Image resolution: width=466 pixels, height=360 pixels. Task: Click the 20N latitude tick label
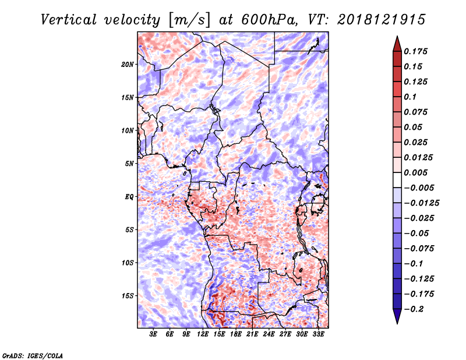click(127, 64)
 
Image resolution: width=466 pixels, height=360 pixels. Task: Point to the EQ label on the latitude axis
click(129, 196)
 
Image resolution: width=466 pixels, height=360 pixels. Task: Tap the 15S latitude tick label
click(127, 296)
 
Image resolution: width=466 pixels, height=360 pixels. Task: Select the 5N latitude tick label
click(129, 164)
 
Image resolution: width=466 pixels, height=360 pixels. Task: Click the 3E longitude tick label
click(153, 334)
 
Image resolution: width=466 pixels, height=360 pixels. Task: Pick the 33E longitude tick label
click(318, 334)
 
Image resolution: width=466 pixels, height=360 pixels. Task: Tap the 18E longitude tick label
click(236, 334)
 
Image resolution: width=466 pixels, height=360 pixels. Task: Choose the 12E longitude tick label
click(203, 334)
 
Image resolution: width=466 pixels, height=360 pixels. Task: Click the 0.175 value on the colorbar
click(416, 51)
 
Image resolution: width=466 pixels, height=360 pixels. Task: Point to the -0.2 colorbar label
click(414, 309)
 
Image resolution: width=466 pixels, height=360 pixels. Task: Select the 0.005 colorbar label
click(416, 172)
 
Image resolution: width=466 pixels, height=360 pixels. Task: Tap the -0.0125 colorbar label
click(422, 203)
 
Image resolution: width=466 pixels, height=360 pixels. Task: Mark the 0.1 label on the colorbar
click(410, 97)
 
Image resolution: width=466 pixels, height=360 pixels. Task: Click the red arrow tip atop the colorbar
click(397, 36)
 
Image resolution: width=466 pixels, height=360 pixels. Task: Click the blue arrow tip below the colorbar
click(397, 323)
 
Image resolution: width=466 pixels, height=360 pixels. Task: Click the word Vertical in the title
click(69, 20)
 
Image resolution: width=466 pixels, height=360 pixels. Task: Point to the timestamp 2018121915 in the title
click(382, 20)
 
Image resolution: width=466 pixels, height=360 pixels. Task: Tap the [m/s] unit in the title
click(189, 20)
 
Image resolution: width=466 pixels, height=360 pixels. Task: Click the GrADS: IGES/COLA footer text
click(33, 355)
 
